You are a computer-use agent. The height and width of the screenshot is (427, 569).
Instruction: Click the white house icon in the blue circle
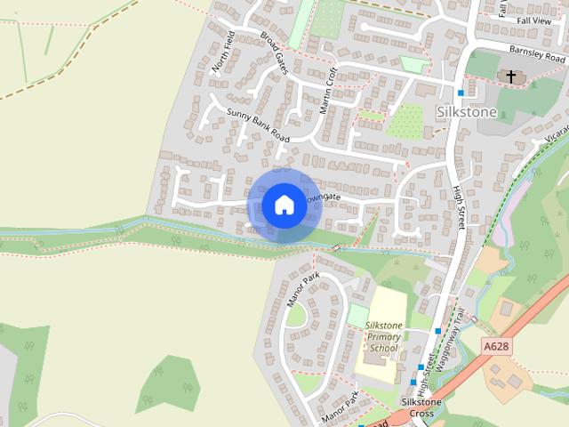(x=283, y=205)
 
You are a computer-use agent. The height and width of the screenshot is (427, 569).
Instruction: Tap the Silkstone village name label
(x=467, y=113)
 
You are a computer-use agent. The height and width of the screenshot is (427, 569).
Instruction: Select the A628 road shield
(x=497, y=346)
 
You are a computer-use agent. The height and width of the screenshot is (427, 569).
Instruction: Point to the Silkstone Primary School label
(x=384, y=337)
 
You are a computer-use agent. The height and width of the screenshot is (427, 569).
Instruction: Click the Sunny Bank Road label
(x=259, y=125)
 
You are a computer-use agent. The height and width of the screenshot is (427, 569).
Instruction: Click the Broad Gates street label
(x=275, y=54)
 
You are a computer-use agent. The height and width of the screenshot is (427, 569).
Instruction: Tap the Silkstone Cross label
(x=417, y=407)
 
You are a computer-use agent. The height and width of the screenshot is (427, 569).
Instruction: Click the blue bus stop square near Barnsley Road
(x=461, y=93)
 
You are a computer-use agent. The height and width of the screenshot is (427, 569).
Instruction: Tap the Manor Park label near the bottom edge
(x=338, y=405)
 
